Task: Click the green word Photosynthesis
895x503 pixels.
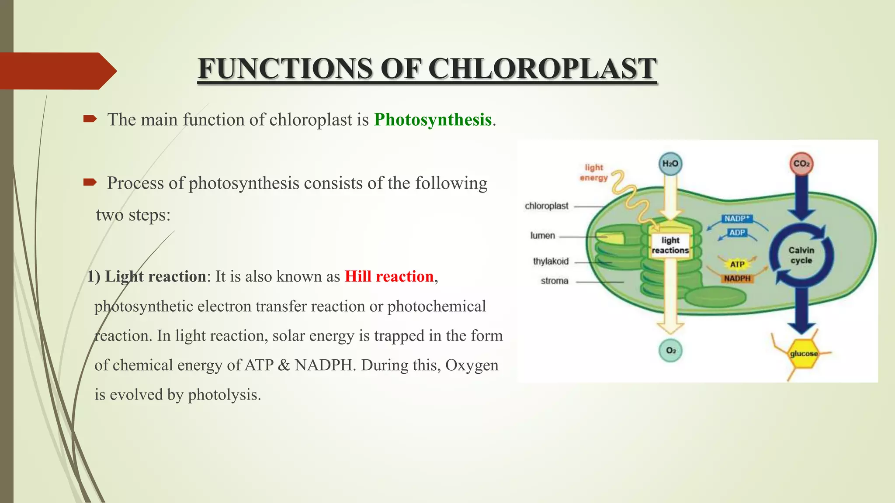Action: tap(433, 120)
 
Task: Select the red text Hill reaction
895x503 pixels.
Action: tap(389, 276)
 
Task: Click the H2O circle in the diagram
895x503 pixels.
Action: tap(670, 164)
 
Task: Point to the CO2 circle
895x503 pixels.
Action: tap(801, 164)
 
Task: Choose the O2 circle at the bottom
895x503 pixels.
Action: tap(671, 351)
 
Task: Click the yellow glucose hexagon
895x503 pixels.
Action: tap(803, 354)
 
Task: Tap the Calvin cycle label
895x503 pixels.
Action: tap(801, 255)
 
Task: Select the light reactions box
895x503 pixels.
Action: tap(670, 245)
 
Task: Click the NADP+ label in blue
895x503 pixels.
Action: tap(736, 218)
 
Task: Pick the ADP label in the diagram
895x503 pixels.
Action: tap(737, 233)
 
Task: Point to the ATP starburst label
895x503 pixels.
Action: tap(737, 264)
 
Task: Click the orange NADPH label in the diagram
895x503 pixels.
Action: tap(737, 279)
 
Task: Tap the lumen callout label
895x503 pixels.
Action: tap(543, 236)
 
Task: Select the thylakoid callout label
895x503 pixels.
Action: tap(551, 261)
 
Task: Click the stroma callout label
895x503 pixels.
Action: tap(554, 281)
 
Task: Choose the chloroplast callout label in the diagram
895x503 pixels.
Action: tap(546, 206)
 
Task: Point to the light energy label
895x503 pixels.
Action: tap(594, 172)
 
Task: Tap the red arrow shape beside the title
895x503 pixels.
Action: tap(57, 71)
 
